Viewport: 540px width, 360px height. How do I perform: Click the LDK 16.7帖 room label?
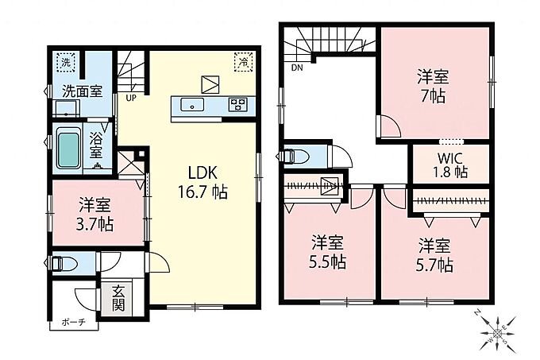pyautogui.click(x=202, y=183)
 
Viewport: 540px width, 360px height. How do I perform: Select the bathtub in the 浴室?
pyautogui.click(x=67, y=149)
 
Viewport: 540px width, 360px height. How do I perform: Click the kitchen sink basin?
pyautogui.click(x=192, y=104)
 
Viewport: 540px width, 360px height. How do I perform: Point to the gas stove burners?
pyautogui.click(x=238, y=104)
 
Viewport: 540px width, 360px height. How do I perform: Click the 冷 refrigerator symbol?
pyautogui.click(x=244, y=62)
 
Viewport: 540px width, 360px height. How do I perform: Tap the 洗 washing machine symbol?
pyautogui.click(x=66, y=62)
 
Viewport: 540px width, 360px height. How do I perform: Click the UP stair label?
pyautogui.click(x=131, y=99)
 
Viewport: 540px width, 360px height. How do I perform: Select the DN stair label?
pyautogui.click(x=297, y=68)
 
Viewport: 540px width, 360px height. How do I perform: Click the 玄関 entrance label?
pyautogui.click(x=118, y=298)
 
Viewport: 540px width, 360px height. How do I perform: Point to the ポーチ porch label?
pyautogui.click(x=74, y=323)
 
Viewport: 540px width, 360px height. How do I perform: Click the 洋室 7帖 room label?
pyautogui.click(x=434, y=86)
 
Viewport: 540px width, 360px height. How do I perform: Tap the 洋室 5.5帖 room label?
pyautogui.click(x=327, y=252)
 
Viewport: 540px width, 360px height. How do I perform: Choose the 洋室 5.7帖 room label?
pyautogui.click(x=434, y=255)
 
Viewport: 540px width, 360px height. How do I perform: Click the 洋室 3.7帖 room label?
pyautogui.click(x=94, y=214)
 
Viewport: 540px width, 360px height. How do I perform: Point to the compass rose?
pyautogui.click(x=498, y=332)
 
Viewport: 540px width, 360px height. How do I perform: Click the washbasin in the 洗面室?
pyautogui.click(x=67, y=108)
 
